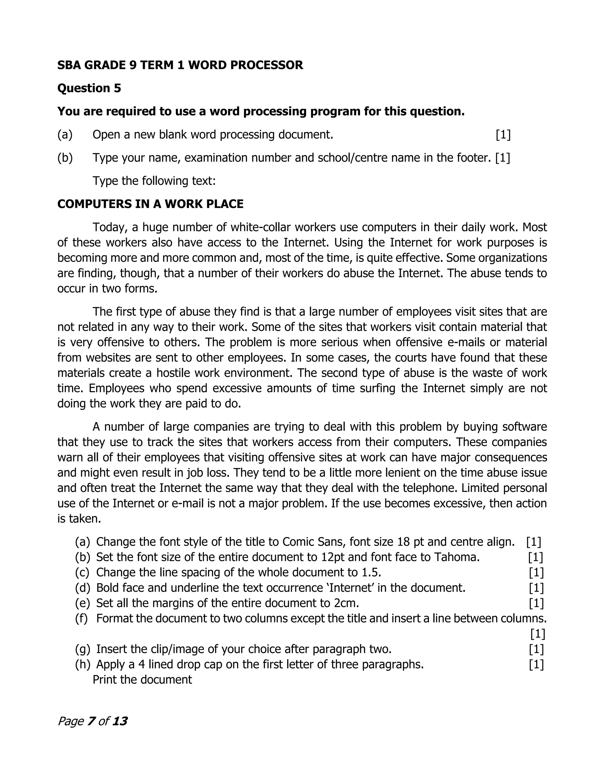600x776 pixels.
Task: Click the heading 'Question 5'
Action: [89, 88]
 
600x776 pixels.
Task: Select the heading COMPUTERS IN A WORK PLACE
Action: [150, 204]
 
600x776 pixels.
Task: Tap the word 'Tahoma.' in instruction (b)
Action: [457, 557]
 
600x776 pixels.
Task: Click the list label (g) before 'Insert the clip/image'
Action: [82, 649]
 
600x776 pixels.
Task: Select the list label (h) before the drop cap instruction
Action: [82, 664]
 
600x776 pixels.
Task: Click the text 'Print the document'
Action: [142, 680]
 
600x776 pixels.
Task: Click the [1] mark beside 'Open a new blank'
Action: [503, 135]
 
